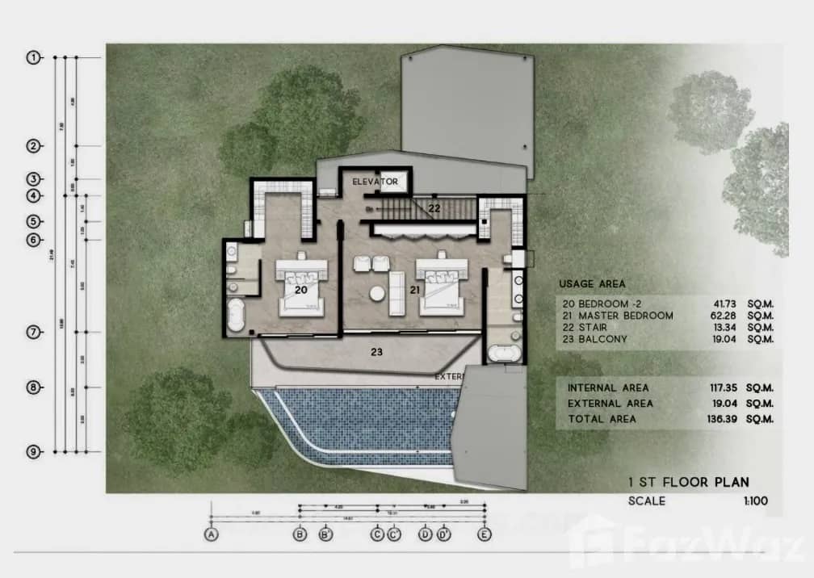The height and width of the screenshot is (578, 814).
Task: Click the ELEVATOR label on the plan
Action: click(376, 182)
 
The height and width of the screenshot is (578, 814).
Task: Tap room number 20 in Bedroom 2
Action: click(300, 288)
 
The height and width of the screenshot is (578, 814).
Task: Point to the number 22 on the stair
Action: click(434, 209)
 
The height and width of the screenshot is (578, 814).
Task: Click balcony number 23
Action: click(376, 352)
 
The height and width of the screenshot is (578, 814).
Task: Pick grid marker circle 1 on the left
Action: click(34, 57)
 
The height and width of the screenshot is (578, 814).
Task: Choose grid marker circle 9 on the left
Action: click(34, 452)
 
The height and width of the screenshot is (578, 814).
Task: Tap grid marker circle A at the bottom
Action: click(212, 534)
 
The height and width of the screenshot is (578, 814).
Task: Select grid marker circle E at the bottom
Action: click(485, 534)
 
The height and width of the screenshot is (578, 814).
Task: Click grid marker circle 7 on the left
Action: click(34, 332)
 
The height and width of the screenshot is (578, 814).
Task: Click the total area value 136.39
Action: click(715, 419)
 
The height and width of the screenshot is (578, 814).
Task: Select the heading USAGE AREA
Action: click(592, 284)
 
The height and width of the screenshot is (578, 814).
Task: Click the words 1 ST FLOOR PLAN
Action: click(688, 483)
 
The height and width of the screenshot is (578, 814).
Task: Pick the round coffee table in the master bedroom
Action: click(376, 293)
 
